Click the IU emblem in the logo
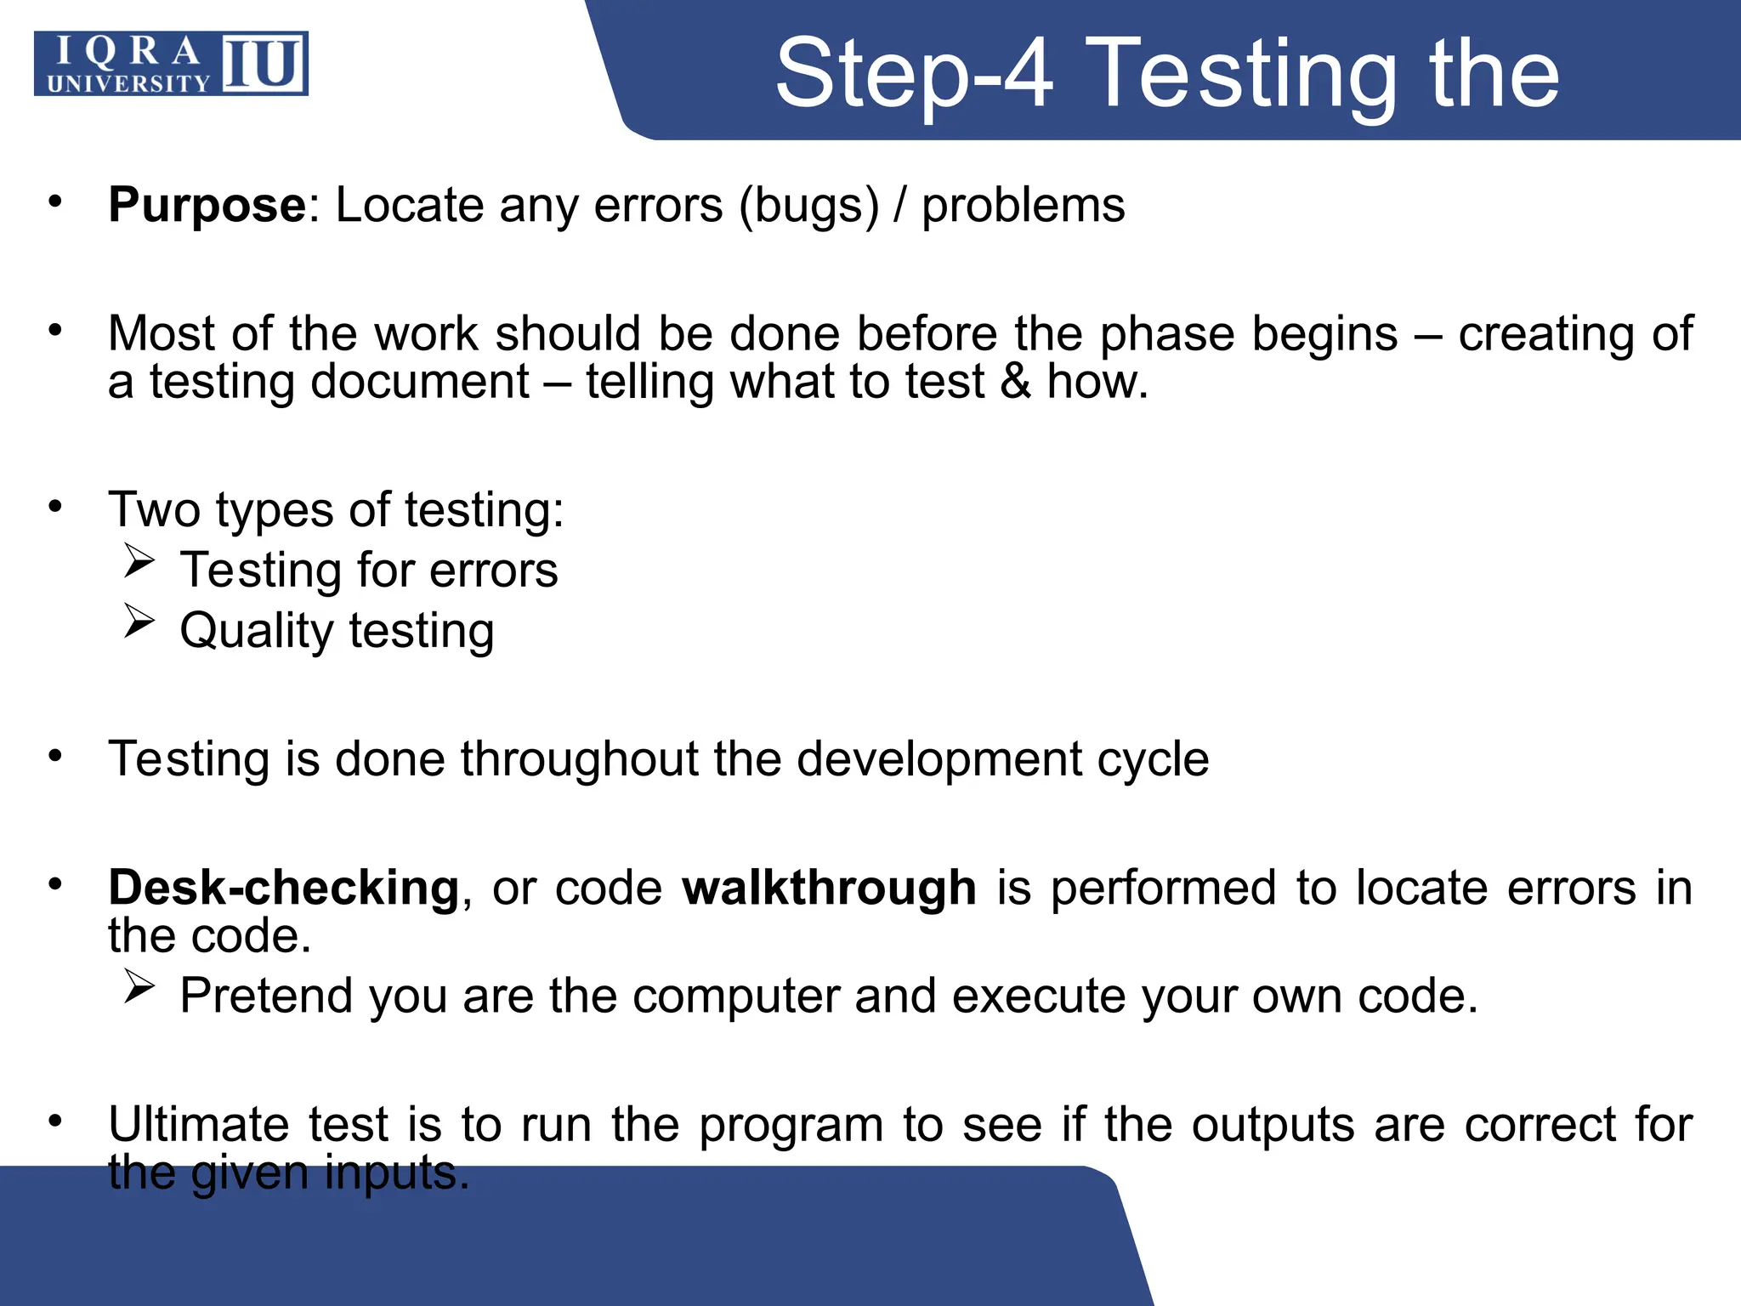click(x=264, y=64)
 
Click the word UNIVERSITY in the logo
click(x=128, y=83)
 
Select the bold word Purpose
click(x=207, y=205)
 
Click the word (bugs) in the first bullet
click(x=808, y=206)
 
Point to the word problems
click(x=1023, y=206)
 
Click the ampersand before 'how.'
click(x=1015, y=381)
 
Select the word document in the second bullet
click(x=420, y=381)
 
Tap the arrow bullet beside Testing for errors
click(x=139, y=561)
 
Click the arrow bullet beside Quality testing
click(x=139, y=621)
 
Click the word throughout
click(x=579, y=758)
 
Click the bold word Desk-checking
click(x=284, y=888)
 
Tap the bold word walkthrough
click(x=829, y=888)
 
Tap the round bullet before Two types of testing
click(x=55, y=507)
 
